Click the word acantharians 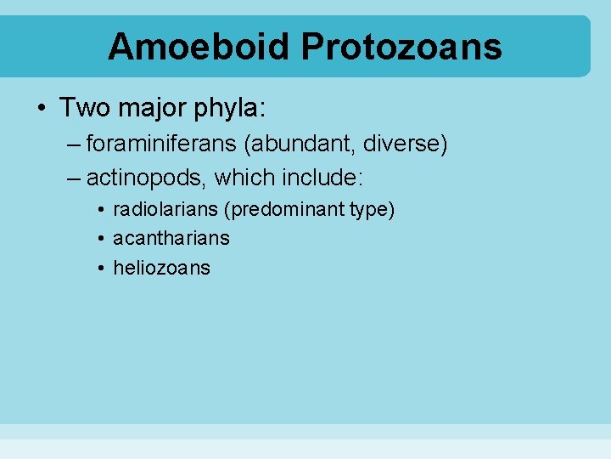coord(171,238)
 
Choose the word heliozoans coord(161,268)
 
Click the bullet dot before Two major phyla coord(42,109)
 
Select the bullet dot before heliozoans coord(100,269)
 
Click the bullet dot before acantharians coord(100,239)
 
